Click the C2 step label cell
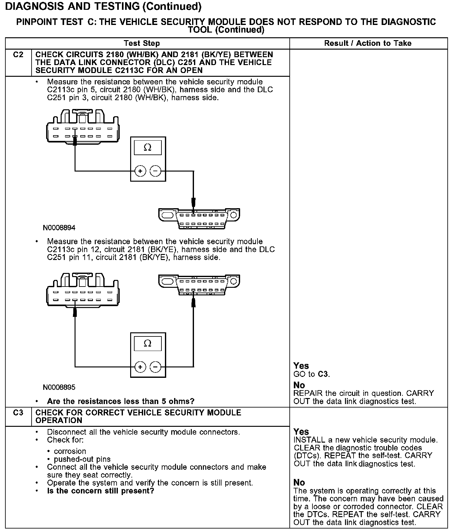pos(18,55)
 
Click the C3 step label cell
pos(18,413)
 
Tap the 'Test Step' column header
pos(142,43)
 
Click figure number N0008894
pos(59,228)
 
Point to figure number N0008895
pos(59,387)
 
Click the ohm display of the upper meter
pos(148,148)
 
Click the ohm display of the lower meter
pos(148,343)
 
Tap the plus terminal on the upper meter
pos(140,171)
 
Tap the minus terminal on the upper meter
pos(155,171)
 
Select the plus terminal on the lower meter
pos(140,367)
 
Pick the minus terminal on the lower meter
pos(155,367)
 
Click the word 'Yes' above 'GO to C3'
pos(301,366)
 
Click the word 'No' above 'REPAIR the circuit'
pos(299,385)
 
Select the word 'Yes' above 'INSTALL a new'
pos(301,432)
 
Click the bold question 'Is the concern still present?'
pos(100,491)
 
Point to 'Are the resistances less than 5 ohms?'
pos(120,402)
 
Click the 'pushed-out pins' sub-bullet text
pos(82,459)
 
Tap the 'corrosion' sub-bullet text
pos(70,451)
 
